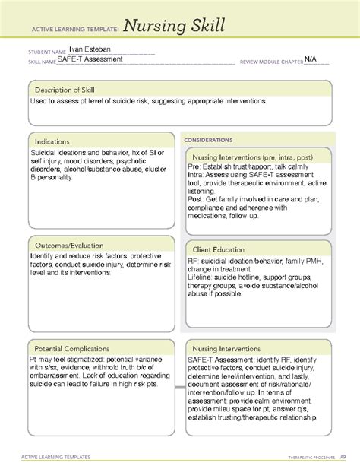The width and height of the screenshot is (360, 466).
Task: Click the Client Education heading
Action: pos(223,249)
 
